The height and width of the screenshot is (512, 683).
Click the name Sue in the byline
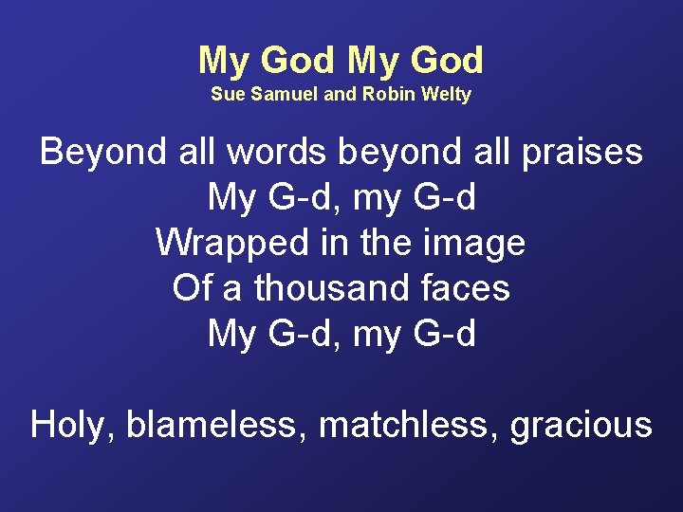pyautogui.click(x=226, y=95)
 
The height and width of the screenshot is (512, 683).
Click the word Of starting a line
pyautogui.click(x=193, y=288)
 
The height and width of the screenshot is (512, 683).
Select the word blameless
pyautogui.click(x=218, y=425)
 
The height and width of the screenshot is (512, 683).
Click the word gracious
pyautogui.click(x=581, y=425)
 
